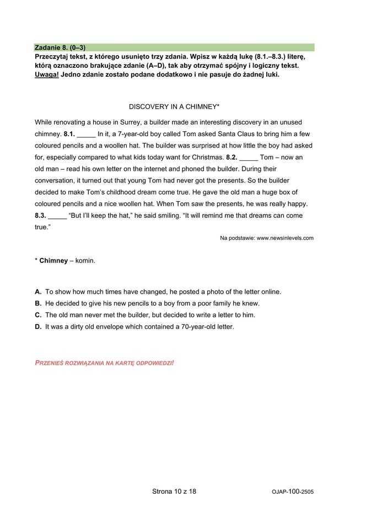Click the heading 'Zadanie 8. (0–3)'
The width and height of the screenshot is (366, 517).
(x=60, y=48)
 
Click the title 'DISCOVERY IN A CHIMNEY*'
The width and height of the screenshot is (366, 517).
(x=174, y=106)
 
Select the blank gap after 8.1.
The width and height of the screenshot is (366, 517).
(x=86, y=134)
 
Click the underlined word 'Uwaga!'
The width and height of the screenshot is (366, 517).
(x=46, y=74)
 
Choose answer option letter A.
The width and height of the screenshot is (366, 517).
(x=38, y=292)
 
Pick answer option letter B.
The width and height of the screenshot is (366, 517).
(x=38, y=303)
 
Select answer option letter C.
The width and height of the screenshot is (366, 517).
(x=38, y=315)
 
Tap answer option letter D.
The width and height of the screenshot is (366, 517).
(x=38, y=326)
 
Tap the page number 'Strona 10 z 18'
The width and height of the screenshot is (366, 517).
(x=174, y=491)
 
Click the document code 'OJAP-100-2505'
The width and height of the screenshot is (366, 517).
(x=292, y=491)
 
